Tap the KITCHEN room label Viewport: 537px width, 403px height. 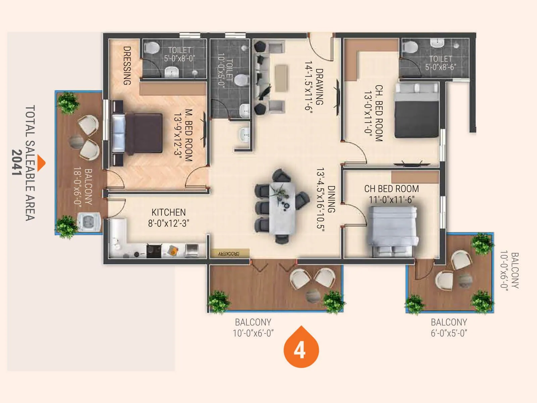168,212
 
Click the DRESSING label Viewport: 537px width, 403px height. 127,65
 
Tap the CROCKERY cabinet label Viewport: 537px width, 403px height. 229,254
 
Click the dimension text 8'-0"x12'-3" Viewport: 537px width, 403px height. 168,223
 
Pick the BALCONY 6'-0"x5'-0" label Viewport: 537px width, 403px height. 449,327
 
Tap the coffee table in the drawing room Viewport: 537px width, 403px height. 281,78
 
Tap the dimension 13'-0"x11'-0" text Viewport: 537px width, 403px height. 369,113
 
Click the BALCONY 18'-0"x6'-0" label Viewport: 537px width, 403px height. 83,187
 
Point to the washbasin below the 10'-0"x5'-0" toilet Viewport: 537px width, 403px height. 244,135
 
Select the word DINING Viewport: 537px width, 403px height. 331,199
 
